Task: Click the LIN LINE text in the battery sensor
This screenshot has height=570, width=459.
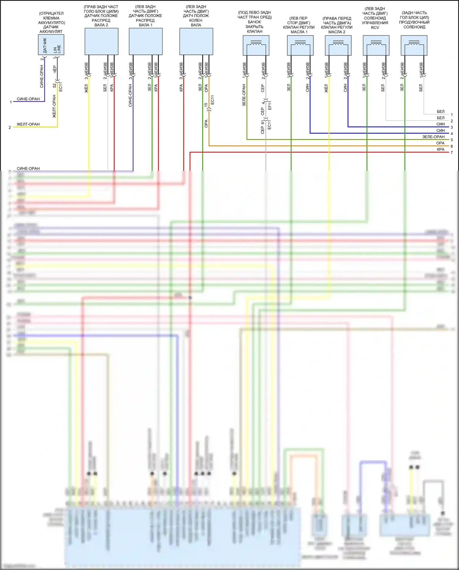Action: coord(57,49)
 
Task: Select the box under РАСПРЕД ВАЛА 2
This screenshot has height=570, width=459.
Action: coord(101,41)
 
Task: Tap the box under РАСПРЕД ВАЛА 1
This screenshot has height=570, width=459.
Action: coord(146,41)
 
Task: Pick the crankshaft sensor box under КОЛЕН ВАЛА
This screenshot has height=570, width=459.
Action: coord(196,41)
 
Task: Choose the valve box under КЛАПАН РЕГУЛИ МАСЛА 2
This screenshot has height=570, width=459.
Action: coord(338,45)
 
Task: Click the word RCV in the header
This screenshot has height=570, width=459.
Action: coord(375,28)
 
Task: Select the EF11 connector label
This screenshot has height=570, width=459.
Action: coord(270,105)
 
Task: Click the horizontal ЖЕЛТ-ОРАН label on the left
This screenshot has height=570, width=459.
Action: coord(28,124)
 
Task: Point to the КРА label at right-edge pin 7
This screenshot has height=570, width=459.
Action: coord(441,149)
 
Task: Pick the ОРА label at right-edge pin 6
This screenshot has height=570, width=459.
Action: coord(440,143)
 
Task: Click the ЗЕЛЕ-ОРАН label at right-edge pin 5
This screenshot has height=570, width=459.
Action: coord(433,137)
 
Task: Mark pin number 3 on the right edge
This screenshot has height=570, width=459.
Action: coord(452,127)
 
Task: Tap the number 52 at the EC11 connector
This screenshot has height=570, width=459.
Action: coord(55,85)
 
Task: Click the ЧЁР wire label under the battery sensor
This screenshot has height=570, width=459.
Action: coord(55,69)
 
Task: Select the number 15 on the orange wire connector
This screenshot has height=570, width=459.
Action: coord(206,104)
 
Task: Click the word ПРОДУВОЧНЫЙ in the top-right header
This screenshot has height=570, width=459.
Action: coord(414,22)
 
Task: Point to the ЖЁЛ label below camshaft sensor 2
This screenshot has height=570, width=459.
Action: coord(86,88)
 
